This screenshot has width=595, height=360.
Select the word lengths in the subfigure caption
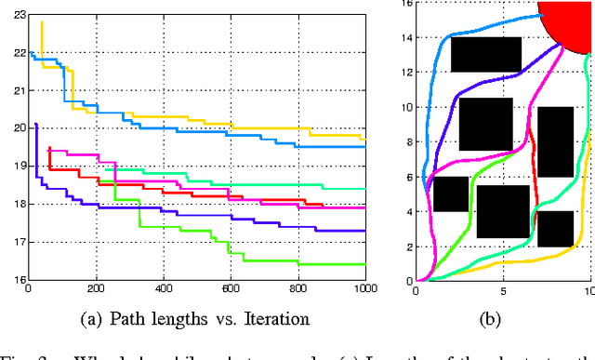pyautogui.click(x=166, y=318)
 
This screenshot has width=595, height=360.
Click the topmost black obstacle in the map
pyautogui.click(x=485, y=54)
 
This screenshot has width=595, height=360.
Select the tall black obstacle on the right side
pyautogui.click(x=555, y=141)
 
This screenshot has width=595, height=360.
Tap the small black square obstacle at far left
pyautogui.click(x=451, y=193)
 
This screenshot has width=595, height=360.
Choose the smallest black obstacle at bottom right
pyautogui.click(x=555, y=228)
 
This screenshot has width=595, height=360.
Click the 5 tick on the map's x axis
pyautogui.click(x=503, y=289)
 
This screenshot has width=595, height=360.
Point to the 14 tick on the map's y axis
pyautogui.click(x=404, y=38)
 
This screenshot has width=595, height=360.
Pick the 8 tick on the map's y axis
pyautogui.click(x=404, y=141)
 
